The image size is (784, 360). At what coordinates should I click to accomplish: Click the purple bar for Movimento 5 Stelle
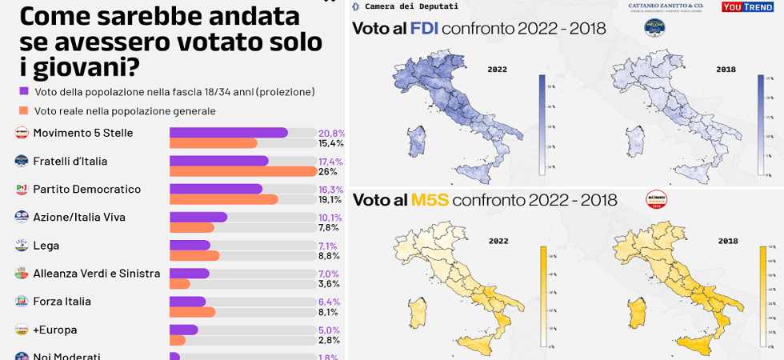click(x=228, y=133)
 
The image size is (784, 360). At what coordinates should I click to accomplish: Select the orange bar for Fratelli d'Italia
click(x=242, y=171)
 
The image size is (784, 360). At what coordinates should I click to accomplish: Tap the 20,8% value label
click(x=331, y=133)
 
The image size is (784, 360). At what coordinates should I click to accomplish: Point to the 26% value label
click(x=327, y=171)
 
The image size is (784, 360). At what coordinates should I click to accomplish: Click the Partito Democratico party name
click(x=86, y=190)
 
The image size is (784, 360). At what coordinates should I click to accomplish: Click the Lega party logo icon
click(x=22, y=246)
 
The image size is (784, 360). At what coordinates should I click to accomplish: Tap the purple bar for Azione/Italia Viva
click(x=198, y=217)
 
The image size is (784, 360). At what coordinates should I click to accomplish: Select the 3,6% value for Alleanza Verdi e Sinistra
click(x=330, y=284)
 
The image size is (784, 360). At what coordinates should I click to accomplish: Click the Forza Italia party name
click(x=62, y=302)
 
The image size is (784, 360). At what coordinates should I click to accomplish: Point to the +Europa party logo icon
click(x=22, y=330)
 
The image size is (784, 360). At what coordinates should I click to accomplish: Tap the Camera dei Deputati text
click(x=411, y=6)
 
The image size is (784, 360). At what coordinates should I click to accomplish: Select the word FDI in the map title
click(x=423, y=29)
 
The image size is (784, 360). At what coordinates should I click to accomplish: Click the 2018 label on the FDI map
click(x=726, y=70)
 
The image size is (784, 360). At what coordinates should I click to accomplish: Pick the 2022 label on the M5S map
click(x=498, y=241)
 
